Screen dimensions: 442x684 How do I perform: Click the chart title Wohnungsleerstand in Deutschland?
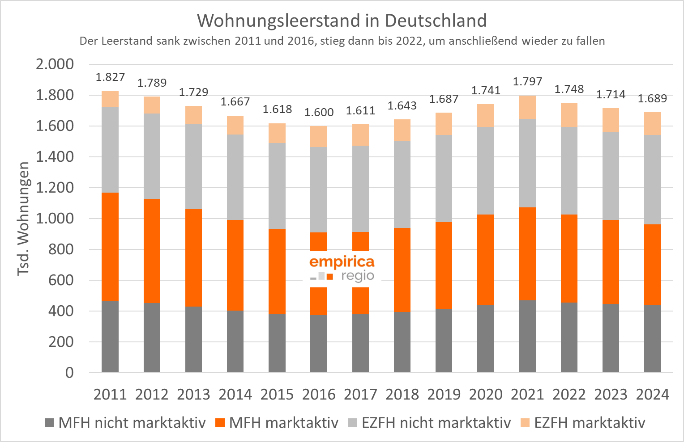342,21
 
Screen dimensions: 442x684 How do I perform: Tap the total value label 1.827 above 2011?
110,77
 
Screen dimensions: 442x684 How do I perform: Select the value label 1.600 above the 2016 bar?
319,112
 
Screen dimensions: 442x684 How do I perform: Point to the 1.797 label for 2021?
527,81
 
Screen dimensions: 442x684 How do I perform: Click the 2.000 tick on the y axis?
55,64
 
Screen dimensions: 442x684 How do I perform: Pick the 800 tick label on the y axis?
61,249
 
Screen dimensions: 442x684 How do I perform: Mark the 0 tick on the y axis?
69,372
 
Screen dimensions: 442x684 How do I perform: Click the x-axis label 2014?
235,394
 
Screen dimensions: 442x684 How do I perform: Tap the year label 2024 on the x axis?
652,394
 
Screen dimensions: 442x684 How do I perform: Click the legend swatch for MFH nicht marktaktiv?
50,422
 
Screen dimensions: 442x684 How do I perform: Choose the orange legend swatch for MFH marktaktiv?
220,422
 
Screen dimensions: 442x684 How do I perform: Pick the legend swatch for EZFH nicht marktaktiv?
353,422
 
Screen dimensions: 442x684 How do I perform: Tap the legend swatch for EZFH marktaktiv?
525,422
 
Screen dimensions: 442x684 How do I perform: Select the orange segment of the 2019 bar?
444,265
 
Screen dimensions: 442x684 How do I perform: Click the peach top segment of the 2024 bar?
652,123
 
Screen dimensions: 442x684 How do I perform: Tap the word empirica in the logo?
342,261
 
